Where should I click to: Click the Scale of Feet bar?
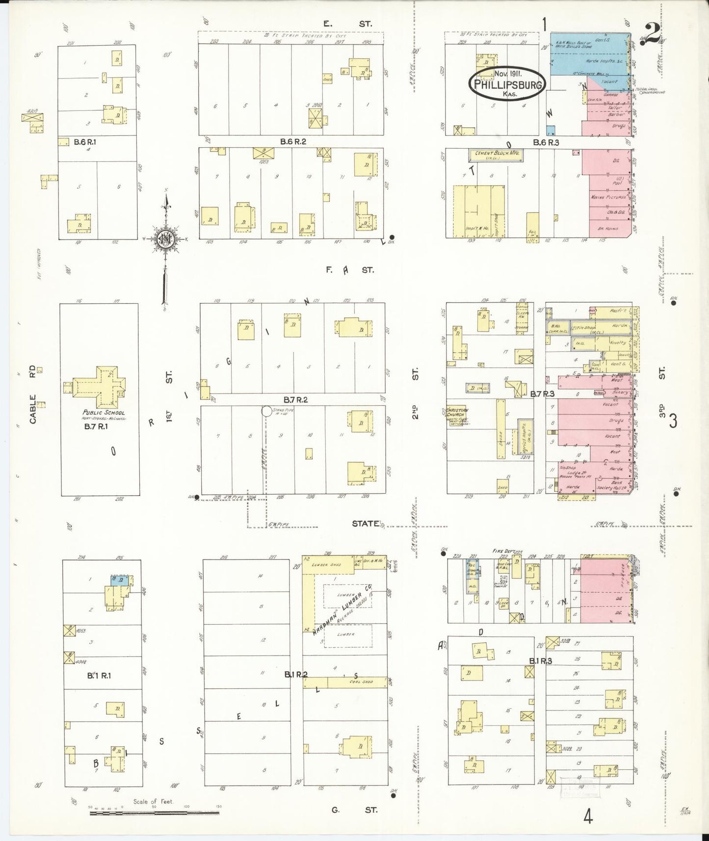pyautogui.click(x=155, y=813)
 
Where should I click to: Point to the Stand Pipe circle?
pyautogui.click(x=266, y=411)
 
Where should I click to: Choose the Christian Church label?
pyautogui.click(x=457, y=412)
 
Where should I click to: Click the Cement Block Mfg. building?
pyautogui.click(x=496, y=155)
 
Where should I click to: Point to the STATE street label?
pyautogui.click(x=366, y=523)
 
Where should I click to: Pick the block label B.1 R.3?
pyautogui.click(x=541, y=661)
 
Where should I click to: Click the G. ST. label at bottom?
pyautogui.click(x=353, y=810)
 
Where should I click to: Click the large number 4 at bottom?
pyautogui.click(x=588, y=817)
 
